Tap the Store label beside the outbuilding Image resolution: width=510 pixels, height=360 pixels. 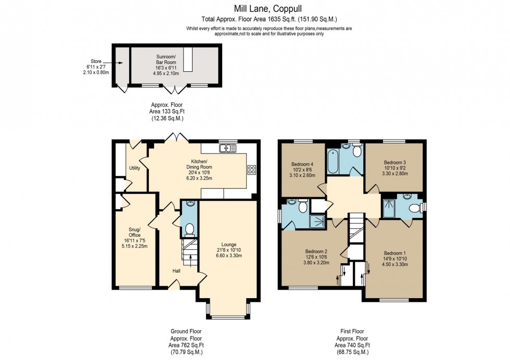[94, 61]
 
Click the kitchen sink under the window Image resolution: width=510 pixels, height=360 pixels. [228, 149]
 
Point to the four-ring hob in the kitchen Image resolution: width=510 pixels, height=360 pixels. [251, 169]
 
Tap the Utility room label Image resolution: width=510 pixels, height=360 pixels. [135, 168]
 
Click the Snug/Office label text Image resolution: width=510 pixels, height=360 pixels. [135, 231]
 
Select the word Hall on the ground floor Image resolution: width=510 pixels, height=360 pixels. [177, 271]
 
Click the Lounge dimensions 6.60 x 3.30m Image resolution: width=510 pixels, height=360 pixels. [229, 256]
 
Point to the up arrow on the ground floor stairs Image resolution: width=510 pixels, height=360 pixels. [190, 256]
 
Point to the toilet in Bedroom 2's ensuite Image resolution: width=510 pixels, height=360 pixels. [303, 207]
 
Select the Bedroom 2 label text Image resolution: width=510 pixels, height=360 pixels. [317, 251]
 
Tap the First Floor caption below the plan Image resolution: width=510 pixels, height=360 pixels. [352, 331]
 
